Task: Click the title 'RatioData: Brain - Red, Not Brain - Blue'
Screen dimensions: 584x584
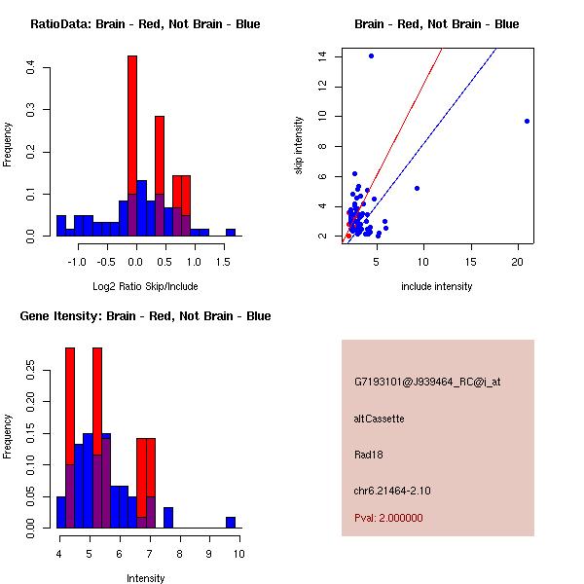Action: click(145, 24)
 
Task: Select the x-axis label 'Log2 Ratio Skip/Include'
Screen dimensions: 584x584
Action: click(144, 286)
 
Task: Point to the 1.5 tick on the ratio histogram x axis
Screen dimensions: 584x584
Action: click(225, 244)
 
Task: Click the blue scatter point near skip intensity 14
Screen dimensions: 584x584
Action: click(371, 55)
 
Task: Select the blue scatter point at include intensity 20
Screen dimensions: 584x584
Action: click(527, 121)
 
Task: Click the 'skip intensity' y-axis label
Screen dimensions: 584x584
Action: click(300, 146)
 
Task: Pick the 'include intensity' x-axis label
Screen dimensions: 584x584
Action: click(436, 286)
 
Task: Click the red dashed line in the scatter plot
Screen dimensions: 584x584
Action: click(409, 112)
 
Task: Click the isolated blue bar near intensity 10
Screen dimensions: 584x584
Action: click(231, 523)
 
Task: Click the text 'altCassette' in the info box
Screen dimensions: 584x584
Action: click(379, 419)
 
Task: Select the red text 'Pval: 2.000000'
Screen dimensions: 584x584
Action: click(388, 518)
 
